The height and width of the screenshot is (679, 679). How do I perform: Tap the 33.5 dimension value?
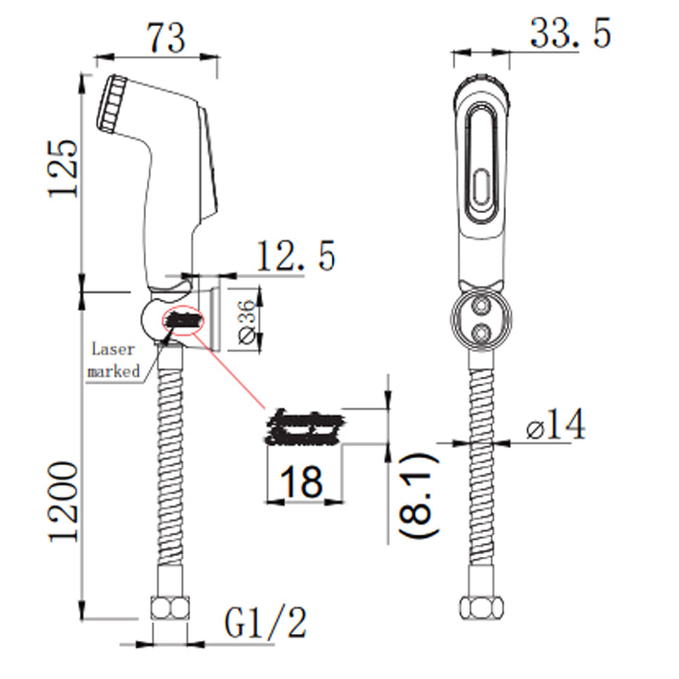pos(570,35)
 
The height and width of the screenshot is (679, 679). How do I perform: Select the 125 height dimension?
pos(64,166)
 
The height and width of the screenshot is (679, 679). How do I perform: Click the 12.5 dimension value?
pos(296,255)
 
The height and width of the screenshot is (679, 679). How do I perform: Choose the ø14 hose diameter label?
pos(555,424)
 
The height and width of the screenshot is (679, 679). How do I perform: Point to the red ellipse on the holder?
pos(183,321)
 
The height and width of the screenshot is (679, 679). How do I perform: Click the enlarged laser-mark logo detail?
pos(305,429)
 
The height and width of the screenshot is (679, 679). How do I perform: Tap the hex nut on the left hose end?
pos(167,611)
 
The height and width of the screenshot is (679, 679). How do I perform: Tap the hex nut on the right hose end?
pos(480,611)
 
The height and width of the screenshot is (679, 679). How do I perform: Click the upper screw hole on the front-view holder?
pos(481,305)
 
